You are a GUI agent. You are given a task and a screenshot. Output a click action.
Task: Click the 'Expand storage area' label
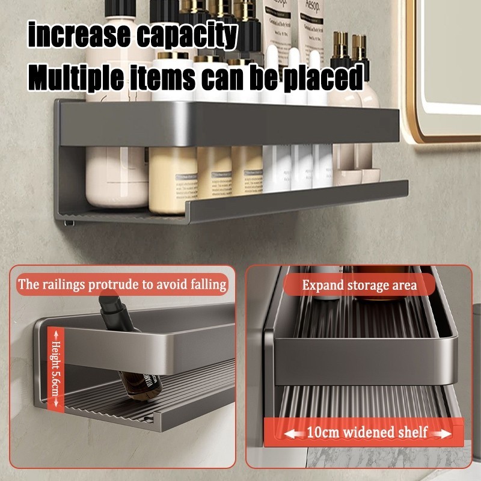(x=360, y=284)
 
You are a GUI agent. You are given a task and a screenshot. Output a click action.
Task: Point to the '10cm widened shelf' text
(x=367, y=432)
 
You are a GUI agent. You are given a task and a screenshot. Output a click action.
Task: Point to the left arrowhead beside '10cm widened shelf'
(x=290, y=432)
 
